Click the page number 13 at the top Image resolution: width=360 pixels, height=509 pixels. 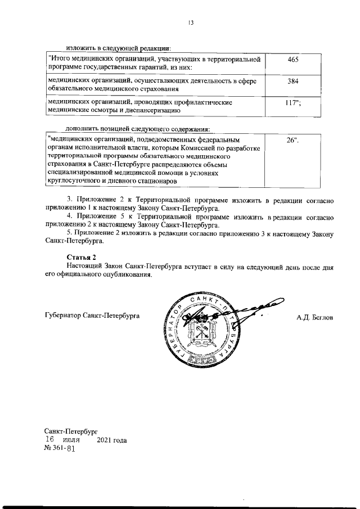[x=191, y=22]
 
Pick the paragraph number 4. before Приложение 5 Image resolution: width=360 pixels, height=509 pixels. [x=69, y=217]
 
